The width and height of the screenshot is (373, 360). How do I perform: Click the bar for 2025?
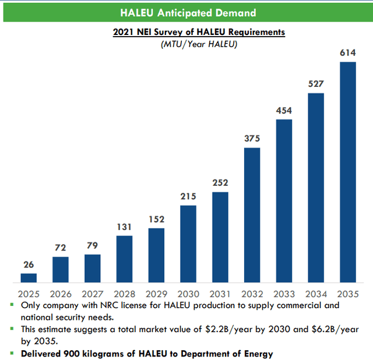point(29,278)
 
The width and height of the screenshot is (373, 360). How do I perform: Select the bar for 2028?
point(124,259)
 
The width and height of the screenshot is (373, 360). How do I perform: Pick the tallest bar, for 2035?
point(347,172)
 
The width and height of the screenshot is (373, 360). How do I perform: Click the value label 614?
point(347,53)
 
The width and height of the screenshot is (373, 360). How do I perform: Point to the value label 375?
point(252,139)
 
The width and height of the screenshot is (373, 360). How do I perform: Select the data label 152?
point(156,219)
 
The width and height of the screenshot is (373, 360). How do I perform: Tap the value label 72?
point(61,248)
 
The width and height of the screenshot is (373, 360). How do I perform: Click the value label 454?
point(284,110)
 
